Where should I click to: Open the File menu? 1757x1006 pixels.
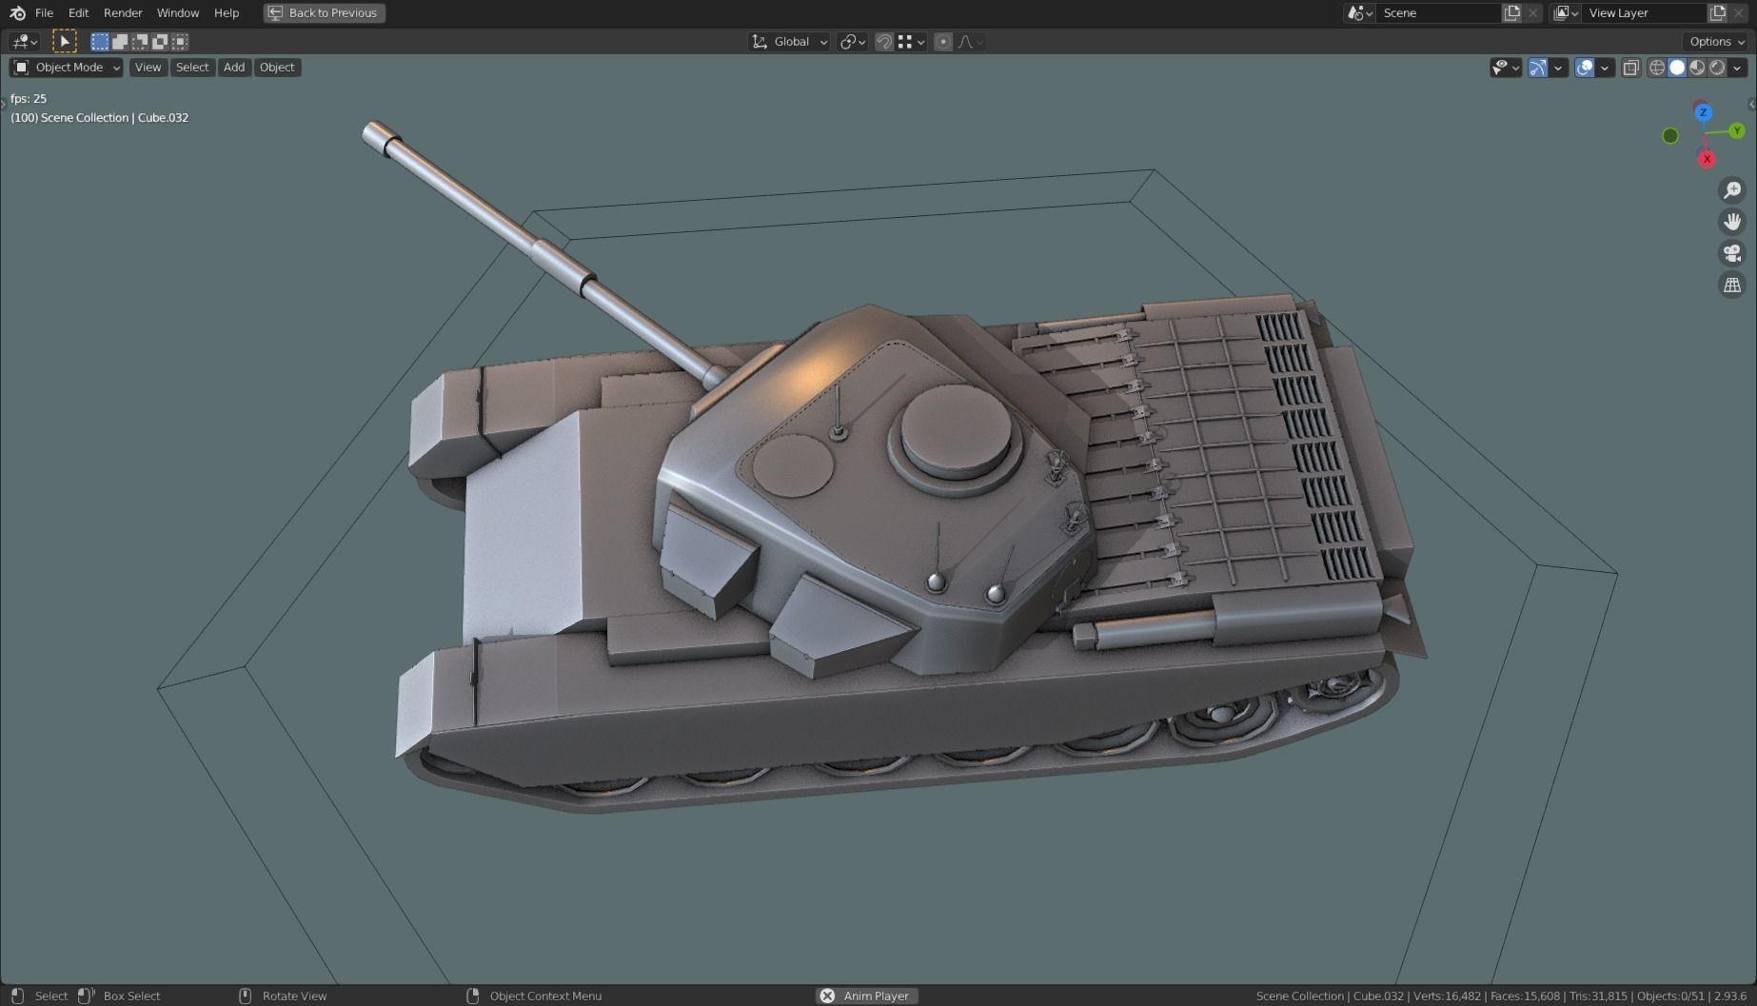(x=44, y=13)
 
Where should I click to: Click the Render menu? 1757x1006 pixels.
(x=123, y=13)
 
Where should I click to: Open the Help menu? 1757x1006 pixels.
(x=227, y=13)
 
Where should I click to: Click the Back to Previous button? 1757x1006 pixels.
(x=325, y=13)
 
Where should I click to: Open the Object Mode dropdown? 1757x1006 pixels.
(x=67, y=68)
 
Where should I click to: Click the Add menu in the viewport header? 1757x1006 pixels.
(x=234, y=68)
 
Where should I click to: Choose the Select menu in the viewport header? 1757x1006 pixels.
(x=191, y=68)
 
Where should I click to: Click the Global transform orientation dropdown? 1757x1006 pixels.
(x=790, y=42)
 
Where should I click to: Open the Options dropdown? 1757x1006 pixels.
(x=1716, y=42)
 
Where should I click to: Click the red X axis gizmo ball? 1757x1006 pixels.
(x=1707, y=159)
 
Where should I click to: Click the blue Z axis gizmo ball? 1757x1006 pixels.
(x=1703, y=113)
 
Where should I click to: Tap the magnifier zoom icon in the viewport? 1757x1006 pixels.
(x=1732, y=190)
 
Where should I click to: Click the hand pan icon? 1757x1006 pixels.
(x=1732, y=222)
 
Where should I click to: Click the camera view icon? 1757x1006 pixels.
(x=1732, y=253)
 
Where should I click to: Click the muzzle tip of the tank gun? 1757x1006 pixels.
(x=373, y=133)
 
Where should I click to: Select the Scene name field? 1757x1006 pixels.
(x=1437, y=13)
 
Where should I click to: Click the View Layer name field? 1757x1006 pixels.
(x=1643, y=13)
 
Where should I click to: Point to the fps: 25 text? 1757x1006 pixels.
(x=29, y=98)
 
